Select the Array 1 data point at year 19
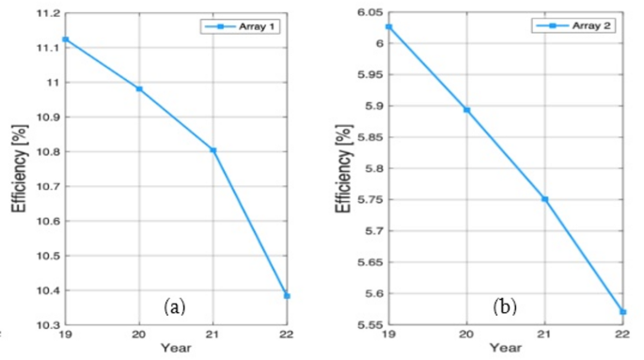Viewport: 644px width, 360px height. pyautogui.click(x=65, y=39)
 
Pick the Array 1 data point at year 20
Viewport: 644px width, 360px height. pyautogui.click(x=139, y=88)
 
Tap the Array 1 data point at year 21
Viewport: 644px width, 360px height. pyautogui.click(x=213, y=150)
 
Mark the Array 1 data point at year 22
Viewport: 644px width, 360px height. pyautogui.click(x=287, y=295)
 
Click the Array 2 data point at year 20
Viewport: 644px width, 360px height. pyautogui.click(x=465, y=110)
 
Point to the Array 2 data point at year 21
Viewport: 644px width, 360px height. pyautogui.click(x=544, y=199)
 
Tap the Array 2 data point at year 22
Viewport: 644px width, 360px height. pyautogui.click(x=622, y=311)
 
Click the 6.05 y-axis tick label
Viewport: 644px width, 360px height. pyautogui.click(x=367, y=13)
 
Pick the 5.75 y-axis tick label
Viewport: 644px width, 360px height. pyautogui.click(x=367, y=200)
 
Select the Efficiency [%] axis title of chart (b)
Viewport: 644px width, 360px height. pyautogui.click(x=343, y=169)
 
